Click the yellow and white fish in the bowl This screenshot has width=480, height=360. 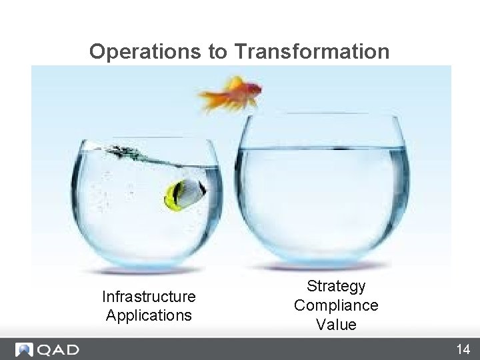coord(185,194)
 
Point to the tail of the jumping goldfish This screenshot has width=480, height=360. coord(209,100)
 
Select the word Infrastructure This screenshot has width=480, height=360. coord(149,296)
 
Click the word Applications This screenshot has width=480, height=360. coord(149,315)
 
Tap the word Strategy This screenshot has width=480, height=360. coord(336,286)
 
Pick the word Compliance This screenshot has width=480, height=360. coord(336,305)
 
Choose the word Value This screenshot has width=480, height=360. coord(336,325)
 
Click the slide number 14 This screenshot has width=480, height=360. coord(463,349)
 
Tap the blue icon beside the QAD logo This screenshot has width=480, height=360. coord(25,349)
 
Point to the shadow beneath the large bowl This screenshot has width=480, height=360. coord(323,267)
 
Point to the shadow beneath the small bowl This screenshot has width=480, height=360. coord(147,271)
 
